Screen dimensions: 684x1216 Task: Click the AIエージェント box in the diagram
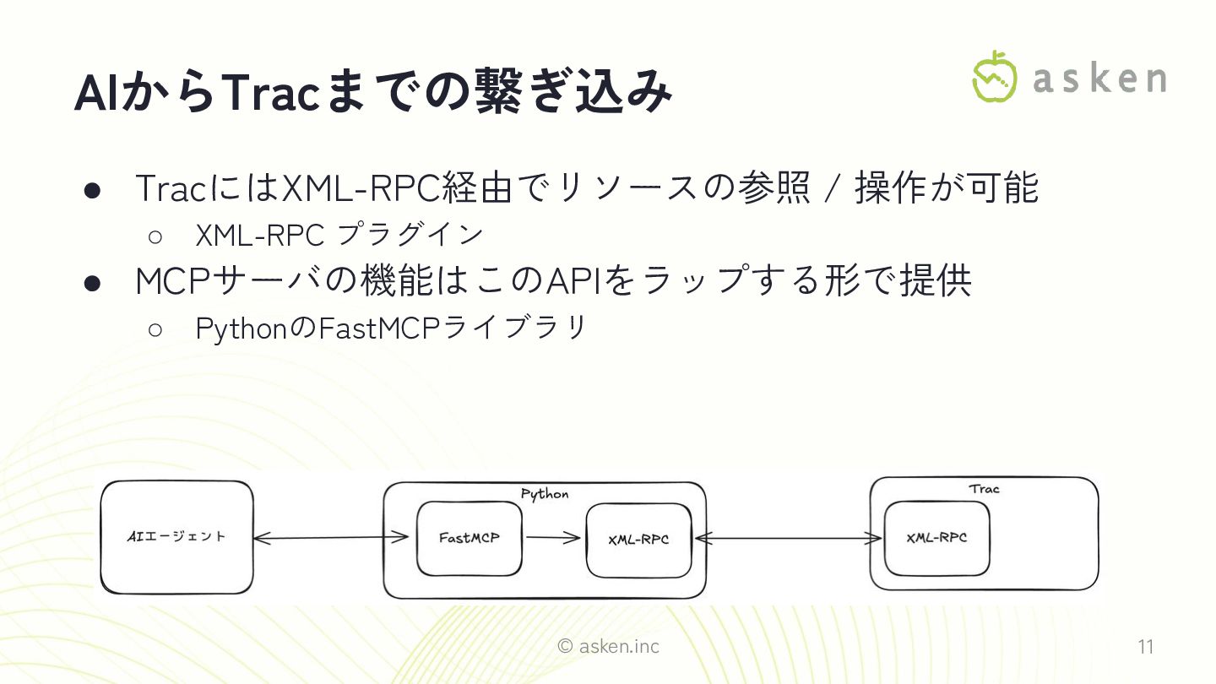(176, 537)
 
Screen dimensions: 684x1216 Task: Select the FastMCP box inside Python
(469, 538)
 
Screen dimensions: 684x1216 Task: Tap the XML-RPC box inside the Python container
(638, 540)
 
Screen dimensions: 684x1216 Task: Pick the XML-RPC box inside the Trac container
(936, 538)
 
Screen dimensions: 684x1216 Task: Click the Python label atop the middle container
(545, 494)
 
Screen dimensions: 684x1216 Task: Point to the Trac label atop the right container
(984, 489)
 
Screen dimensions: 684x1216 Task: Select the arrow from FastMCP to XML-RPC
(554, 539)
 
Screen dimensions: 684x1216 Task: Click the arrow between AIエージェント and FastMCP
(331, 537)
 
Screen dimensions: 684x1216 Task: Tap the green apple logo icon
(995, 78)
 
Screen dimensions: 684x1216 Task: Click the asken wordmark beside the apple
(1099, 79)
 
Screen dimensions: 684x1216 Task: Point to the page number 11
(1145, 648)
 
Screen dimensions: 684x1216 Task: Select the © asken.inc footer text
(608, 647)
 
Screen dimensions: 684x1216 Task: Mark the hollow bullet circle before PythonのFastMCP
(155, 328)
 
